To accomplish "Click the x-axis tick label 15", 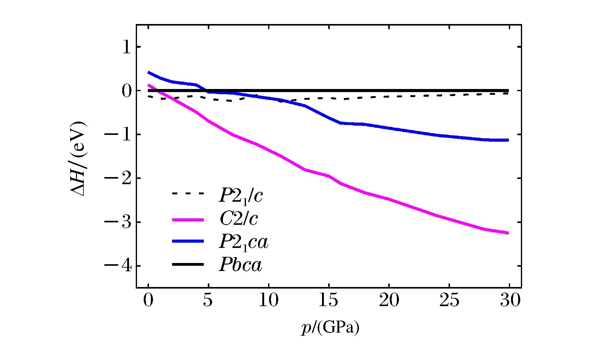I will [x=328, y=300].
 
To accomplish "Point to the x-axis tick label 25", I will [x=449, y=300].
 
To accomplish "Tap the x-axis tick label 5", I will [x=208, y=300].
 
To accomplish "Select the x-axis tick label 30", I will [x=510, y=300].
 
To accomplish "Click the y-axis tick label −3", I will [x=118, y=222].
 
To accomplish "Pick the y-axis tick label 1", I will [x=127, y=47].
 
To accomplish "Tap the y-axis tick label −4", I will [x=118, y=266].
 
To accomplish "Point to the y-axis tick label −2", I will [x=118, y=178].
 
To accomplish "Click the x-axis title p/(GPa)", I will [x=330, y=328].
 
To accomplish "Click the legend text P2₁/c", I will [x=241, y=196].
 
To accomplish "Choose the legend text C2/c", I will [x=239, y=219].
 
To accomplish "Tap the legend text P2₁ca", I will [x=244, y=242].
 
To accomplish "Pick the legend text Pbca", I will [x=240, y=265].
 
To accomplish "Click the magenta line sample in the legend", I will [x=188, y=220].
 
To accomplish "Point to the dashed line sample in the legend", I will [x=188, y=193].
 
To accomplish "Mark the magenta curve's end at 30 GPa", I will [x=508, y=233].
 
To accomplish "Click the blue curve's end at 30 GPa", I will [x=508, y=140].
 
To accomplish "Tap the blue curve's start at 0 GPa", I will [x=149, y=72].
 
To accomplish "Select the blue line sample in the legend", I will [x=188, y=241].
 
